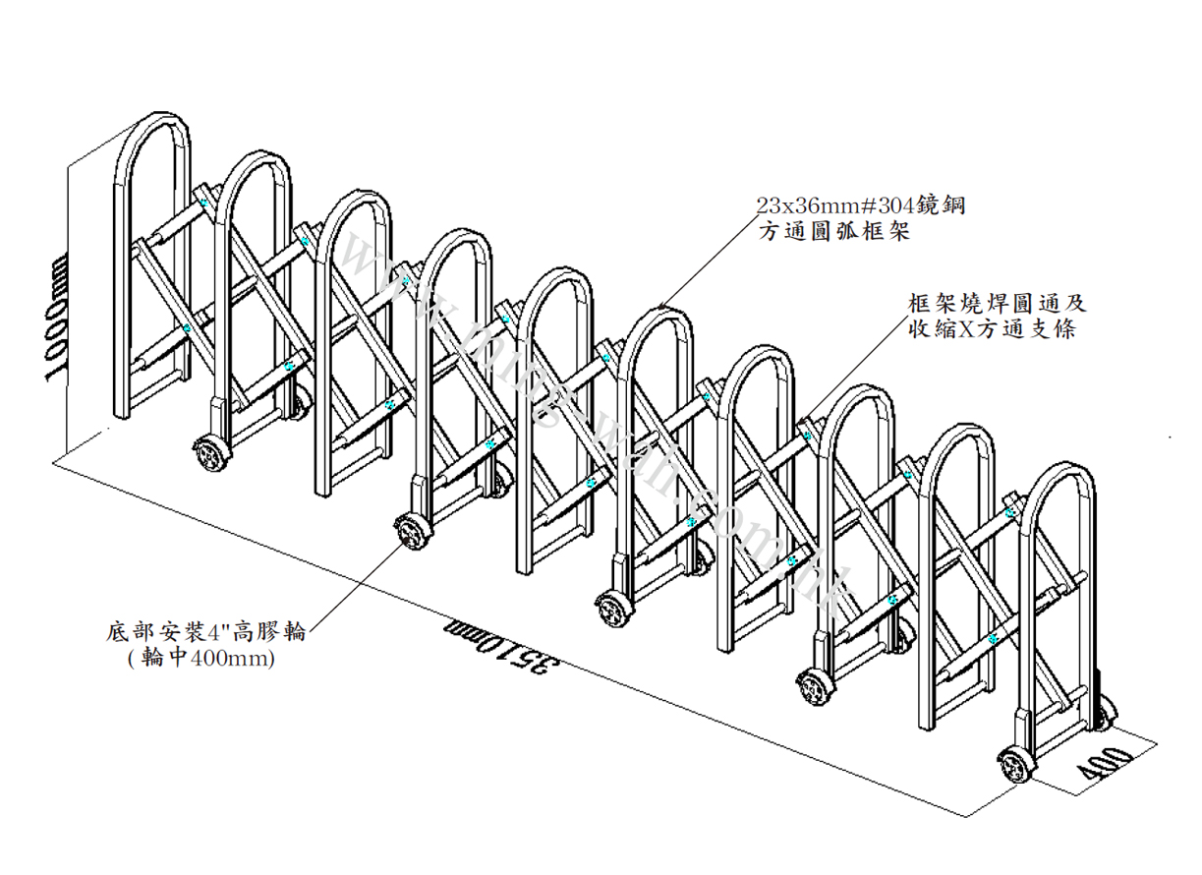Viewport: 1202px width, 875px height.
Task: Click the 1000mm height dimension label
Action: point(55,317)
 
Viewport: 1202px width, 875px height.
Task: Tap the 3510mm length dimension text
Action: point(507,651)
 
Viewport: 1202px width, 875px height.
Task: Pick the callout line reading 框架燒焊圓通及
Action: point(999,303)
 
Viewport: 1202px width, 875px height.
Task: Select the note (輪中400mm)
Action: point(200,660)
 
